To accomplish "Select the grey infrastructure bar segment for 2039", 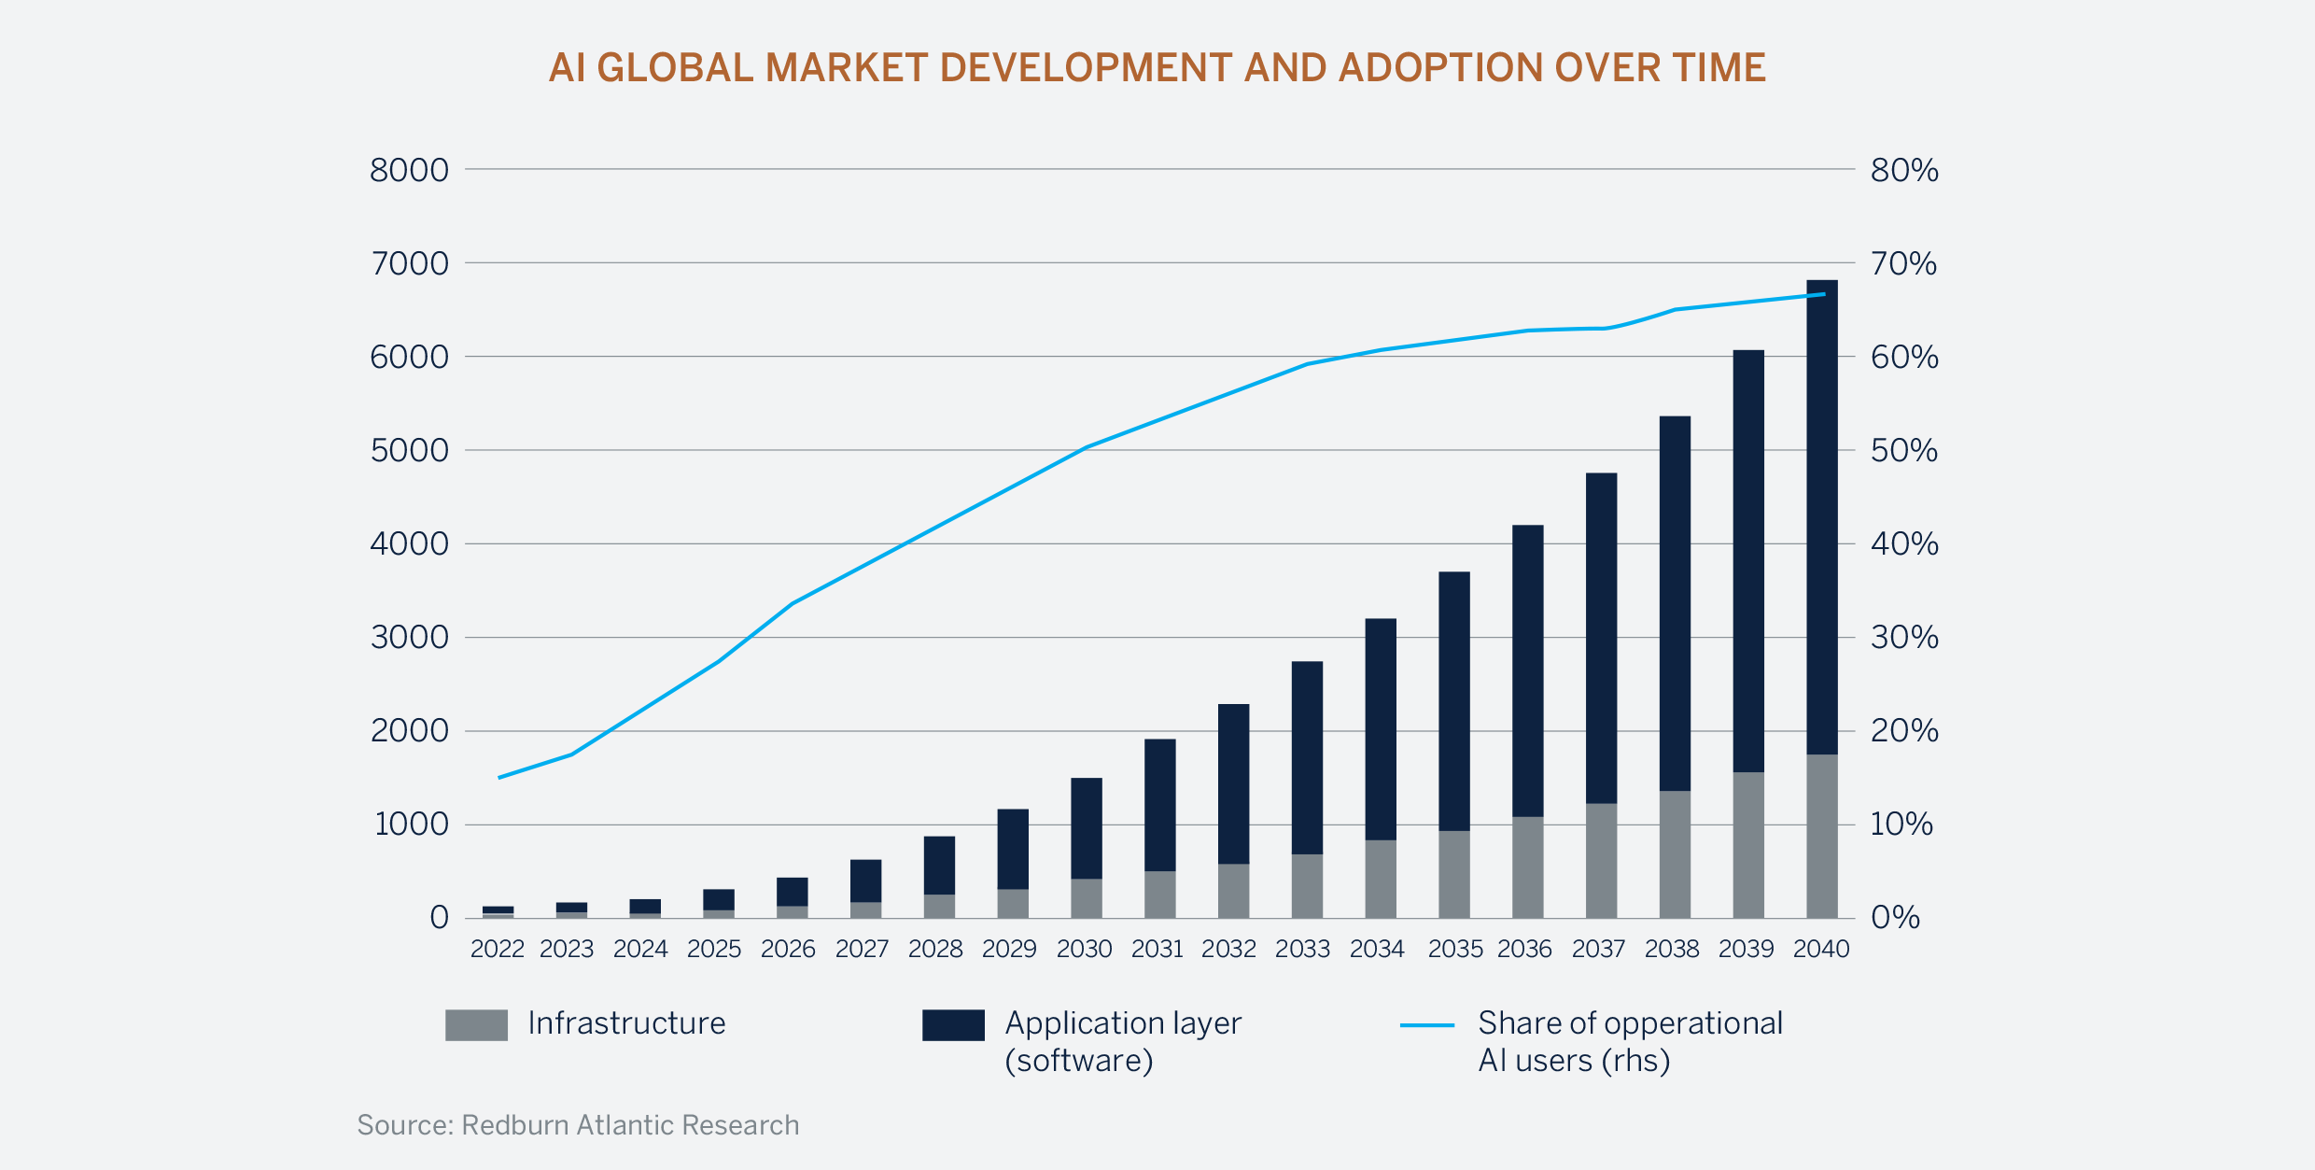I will click(x=1748, y=845).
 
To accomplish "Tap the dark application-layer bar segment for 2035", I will click(x=1453, y=701).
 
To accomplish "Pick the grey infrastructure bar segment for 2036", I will click(x=1527, y=867).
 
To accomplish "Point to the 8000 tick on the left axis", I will click(x=409, y=171).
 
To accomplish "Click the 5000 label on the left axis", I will click(x=409, y=451).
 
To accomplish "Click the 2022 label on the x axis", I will click(x=497, y=950).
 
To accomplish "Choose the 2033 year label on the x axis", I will click(x=1302, y=950).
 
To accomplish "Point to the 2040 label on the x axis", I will click(x=1820, y=950).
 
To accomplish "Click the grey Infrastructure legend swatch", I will click(x=476, y=1025).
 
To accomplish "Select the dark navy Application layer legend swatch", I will click(x=953, y=1025).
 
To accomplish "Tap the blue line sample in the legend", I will click(x=1426, y=1025).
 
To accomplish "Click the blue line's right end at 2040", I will click(x=1824, y=294).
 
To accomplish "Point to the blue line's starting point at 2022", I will click(x=499, y=777).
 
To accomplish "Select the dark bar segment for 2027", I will click(x=865, y=881).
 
